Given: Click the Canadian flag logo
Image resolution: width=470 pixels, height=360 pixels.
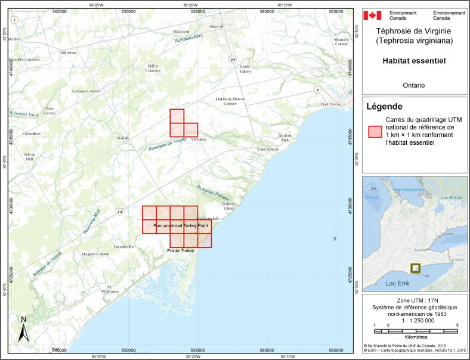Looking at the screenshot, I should [372, 15].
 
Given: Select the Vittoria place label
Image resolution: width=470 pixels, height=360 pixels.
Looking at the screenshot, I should [198, 139].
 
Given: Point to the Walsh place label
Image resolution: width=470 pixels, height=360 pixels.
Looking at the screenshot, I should [123, 138].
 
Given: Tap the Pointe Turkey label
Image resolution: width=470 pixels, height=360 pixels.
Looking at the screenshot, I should [181, 251].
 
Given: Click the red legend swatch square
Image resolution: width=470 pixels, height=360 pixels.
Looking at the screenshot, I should [374, 132].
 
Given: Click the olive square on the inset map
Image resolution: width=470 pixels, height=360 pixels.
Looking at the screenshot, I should [415, 268].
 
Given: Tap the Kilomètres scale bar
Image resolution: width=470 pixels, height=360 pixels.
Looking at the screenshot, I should [415, 330].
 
